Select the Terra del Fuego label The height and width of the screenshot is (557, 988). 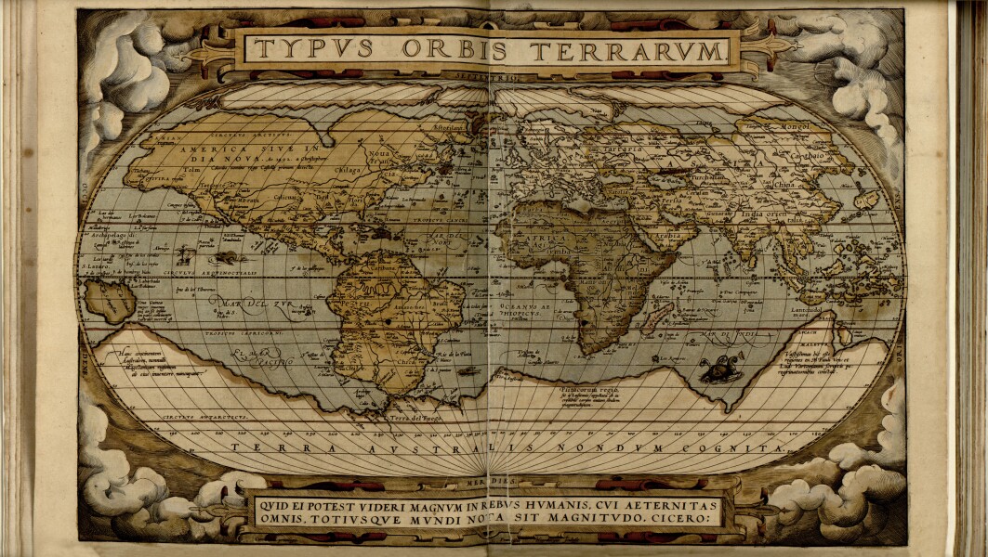[412, 420]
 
